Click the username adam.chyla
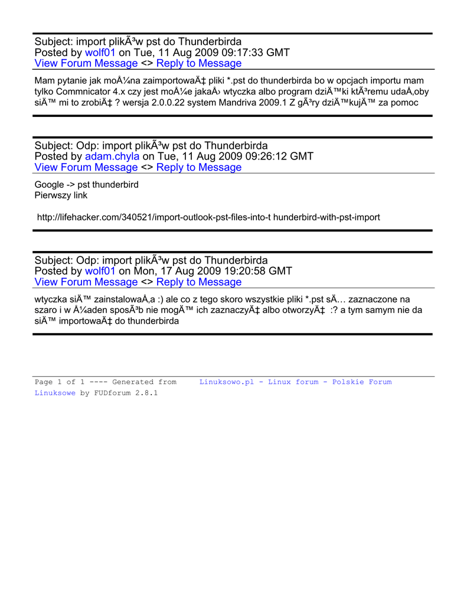coord(112,157)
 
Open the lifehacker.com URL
coord(208,217)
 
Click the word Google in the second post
coord(49,185)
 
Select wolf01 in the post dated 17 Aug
coord(100,271)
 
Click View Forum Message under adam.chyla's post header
coord(86,167)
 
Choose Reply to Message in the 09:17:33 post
coord(199,63)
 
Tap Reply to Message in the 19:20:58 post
coord(199,282)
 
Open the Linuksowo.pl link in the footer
coord(226,382)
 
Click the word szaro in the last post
coord(46,310)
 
